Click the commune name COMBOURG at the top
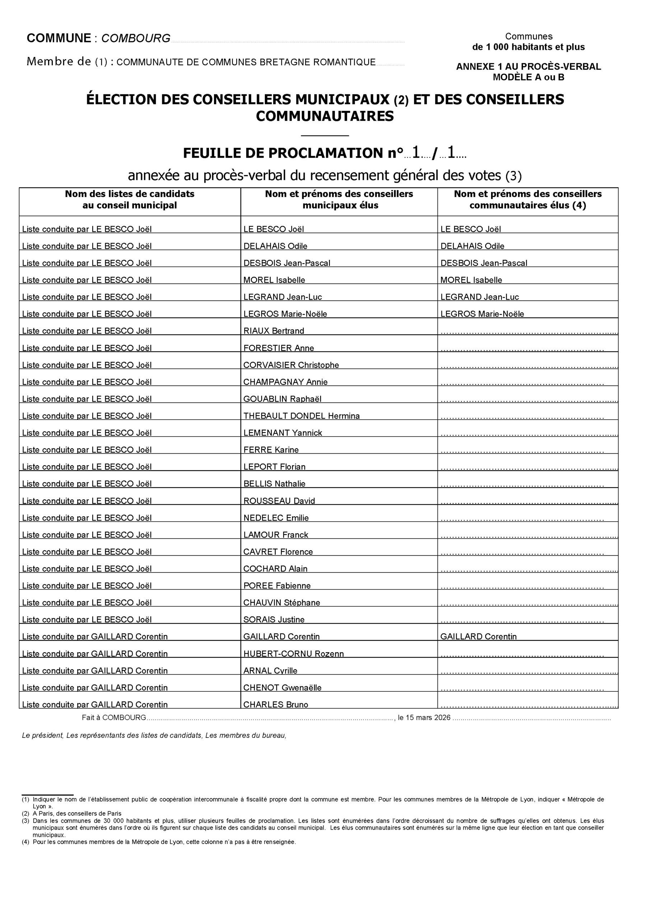136,38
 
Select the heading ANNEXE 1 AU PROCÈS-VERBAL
528,67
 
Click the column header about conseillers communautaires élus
528,199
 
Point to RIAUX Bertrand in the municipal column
274,331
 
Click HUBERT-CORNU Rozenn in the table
293,654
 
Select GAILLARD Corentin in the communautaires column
478,637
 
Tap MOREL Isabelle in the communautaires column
471,280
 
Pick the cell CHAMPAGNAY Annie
285,382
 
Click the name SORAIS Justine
274,620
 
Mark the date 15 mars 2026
428,718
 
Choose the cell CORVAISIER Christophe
291,365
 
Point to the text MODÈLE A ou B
528,78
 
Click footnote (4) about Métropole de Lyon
164,842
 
